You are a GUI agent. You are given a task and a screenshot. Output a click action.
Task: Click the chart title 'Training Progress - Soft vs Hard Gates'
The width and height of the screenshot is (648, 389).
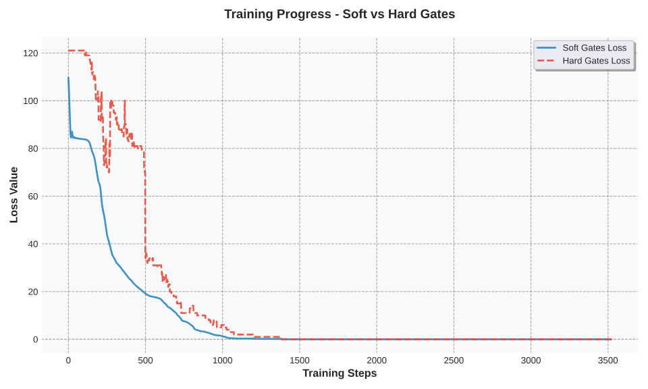pos(340,14)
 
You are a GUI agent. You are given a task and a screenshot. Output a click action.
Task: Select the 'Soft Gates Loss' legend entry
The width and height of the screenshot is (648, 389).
pos(594,48)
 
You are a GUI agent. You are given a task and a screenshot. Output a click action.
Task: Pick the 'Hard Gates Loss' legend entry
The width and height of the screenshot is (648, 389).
pos(596,61)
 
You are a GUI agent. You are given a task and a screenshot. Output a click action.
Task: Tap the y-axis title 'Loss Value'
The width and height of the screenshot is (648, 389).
pos(14,195)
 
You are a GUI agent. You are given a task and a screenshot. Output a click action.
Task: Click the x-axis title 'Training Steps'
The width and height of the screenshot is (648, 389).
pos(340,373)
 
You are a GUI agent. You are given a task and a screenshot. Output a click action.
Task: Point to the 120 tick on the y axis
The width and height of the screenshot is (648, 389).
pos(31,53)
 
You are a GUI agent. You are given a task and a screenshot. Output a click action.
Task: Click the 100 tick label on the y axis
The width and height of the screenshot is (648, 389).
pos(31,101)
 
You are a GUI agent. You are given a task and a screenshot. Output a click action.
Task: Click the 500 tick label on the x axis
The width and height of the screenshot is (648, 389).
pos(145,361)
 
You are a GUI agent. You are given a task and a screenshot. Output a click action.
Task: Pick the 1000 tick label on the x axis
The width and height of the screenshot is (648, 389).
pos(222,361)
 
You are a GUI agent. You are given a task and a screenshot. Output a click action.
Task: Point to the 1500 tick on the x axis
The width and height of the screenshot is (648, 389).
pos(300,361)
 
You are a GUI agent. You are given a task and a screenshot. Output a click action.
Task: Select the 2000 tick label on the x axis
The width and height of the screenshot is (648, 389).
pos(377,361)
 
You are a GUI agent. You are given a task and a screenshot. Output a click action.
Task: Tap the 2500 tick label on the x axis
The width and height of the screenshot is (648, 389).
pos(454,361)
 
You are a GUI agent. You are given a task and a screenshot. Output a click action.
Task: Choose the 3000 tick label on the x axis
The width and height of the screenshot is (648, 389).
pos(531,361)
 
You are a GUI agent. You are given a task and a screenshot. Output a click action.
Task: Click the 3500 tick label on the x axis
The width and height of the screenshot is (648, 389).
pos(608,361)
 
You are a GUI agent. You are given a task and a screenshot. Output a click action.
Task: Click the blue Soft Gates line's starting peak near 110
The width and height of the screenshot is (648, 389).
pos(68,78)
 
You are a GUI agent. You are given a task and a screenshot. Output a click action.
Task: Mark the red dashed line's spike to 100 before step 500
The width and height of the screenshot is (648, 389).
pos(125,101)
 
